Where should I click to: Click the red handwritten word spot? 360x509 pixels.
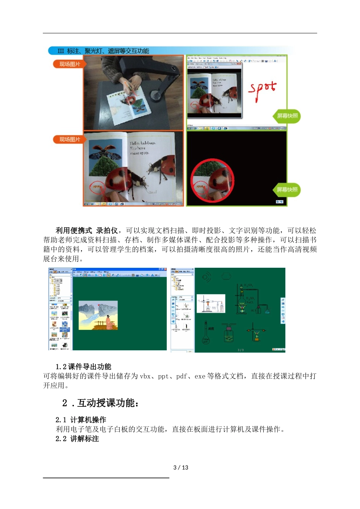262,90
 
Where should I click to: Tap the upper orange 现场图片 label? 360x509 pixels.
69,64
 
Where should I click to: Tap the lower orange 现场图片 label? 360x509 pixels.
69,139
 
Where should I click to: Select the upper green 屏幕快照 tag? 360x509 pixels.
287,116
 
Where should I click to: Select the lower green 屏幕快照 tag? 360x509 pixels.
286,190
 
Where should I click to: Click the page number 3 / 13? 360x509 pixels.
180,467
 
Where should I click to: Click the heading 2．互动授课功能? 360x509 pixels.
101,403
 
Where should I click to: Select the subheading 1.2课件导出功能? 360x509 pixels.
83,367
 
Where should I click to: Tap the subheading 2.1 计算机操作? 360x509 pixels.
81,420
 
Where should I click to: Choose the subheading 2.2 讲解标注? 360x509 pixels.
77,439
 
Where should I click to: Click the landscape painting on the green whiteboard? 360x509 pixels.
98,315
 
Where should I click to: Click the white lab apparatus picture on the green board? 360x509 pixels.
211,303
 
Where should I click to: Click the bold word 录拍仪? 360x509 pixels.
107,230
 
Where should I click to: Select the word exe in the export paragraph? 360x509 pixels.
200,376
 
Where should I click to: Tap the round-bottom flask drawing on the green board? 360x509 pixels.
206,333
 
